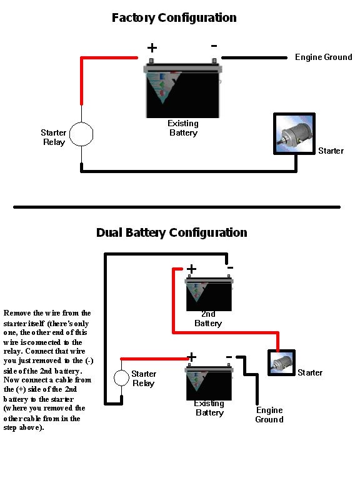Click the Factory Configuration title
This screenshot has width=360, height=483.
(174, 18)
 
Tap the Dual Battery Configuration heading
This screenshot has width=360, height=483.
(172, 232)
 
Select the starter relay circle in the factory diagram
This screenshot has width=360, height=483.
(81, 134)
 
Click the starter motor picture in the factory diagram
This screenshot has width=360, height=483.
(294, 134)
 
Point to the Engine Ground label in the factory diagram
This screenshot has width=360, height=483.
(324, 57)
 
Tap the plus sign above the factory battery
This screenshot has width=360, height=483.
(152, 47)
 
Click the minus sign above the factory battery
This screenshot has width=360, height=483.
(214, 46)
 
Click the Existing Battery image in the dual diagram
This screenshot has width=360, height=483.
(209, 382)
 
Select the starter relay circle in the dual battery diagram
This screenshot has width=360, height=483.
(121, 378)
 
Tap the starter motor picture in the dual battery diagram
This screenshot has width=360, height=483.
(281, 362)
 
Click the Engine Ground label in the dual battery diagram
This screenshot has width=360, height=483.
(269, 415)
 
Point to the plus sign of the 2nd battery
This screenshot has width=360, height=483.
(191, 269)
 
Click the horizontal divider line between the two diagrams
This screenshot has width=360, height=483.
(177, 207)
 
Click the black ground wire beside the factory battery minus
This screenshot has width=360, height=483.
(254, 57)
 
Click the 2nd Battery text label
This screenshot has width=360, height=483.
(208, 319)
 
